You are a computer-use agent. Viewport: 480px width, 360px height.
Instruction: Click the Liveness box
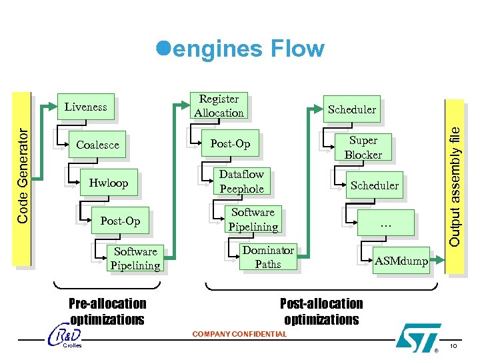pos(85,107)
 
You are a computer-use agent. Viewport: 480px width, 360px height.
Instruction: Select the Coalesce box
pos(97,145)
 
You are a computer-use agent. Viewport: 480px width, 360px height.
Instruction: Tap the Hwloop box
pos(108,183)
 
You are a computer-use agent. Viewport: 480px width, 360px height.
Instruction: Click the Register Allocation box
pos(219,106)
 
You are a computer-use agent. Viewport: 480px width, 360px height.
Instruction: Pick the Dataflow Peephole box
pos(241,181)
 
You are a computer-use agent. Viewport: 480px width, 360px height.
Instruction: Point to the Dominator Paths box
pos(268,257)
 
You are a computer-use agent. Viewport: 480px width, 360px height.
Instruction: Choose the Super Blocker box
pos(363,147)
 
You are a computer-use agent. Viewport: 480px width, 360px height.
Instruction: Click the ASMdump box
pos(401,261)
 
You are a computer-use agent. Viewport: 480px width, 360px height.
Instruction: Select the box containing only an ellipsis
pos(385,224)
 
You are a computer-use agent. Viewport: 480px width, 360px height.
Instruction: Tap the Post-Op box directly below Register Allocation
pos(230,144)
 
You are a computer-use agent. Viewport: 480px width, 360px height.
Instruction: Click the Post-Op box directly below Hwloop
pos(120,221)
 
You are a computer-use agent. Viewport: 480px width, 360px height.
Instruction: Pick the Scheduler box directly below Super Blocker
pos(375,185)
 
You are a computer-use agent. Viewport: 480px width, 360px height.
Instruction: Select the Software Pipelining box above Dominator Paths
pos(253,219)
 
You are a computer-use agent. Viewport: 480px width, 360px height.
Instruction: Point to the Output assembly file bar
pos(455,180)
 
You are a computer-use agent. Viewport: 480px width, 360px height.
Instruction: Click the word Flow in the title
pos(297,49)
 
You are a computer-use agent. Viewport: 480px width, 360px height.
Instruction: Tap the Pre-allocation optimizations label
pos(107,311)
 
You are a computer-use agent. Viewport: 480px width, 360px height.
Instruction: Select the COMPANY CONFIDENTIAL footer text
pos(239,334)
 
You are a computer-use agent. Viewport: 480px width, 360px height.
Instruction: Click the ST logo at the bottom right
pos(418,337)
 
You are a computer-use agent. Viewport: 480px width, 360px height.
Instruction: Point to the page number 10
pos(453,345)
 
